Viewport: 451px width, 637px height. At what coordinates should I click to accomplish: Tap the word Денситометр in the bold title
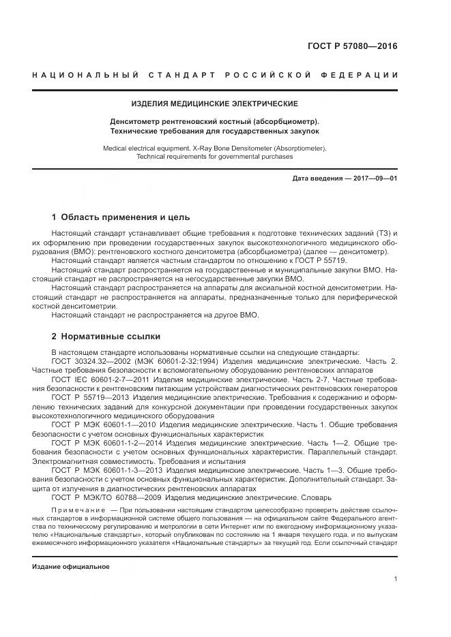click(134, 121)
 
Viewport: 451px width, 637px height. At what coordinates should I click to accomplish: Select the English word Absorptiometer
click(295, 147)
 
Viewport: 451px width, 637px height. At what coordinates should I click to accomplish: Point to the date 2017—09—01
click(374, 178)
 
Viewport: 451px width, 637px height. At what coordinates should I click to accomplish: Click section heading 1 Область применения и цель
click(115, 218)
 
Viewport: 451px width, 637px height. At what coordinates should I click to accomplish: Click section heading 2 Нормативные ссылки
click(106, 336)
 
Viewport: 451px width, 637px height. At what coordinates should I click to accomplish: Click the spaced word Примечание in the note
click(76, 510)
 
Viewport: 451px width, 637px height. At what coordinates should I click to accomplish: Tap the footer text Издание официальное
click(71, 566)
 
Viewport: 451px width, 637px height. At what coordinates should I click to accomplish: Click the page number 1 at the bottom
click(396, 578)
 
